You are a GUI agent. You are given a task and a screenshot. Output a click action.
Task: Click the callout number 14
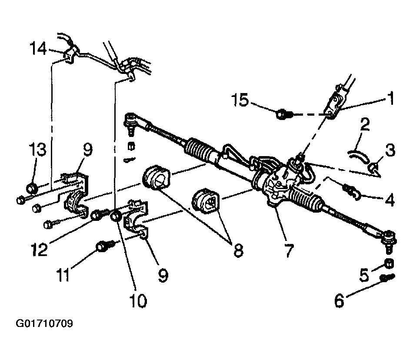38,48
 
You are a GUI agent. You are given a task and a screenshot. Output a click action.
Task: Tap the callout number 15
240,100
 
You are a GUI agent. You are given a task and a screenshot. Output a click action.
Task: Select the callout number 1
391,98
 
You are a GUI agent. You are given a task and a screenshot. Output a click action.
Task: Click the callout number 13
38,149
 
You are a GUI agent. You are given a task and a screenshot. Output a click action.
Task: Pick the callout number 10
138,300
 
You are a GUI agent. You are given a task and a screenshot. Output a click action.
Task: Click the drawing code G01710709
44,323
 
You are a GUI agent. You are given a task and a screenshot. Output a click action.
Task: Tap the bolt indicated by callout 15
284,114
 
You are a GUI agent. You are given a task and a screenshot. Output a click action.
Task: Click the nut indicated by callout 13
32,188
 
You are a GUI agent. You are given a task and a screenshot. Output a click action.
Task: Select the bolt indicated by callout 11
105,247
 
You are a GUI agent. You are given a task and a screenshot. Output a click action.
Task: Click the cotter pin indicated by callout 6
387,277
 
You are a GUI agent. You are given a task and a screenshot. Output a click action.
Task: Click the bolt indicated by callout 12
100,214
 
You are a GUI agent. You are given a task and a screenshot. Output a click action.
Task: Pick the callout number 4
389,200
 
